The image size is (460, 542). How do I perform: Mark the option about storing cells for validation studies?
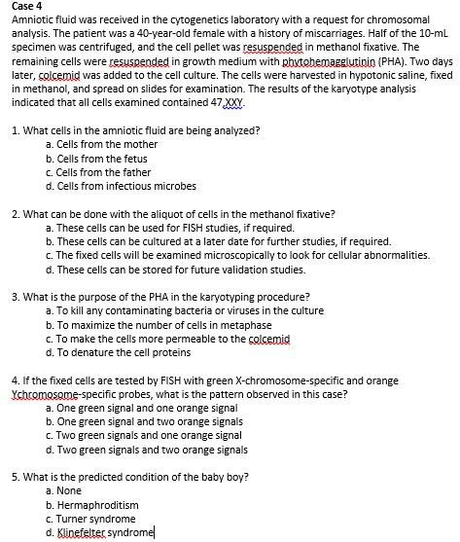point(181,269)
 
